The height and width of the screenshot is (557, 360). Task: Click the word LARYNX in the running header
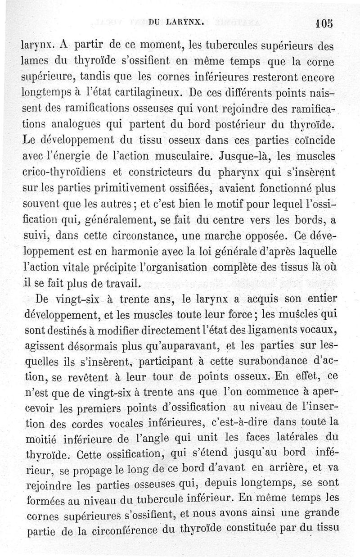[185, 21]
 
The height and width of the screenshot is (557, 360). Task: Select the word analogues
[64, 123]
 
